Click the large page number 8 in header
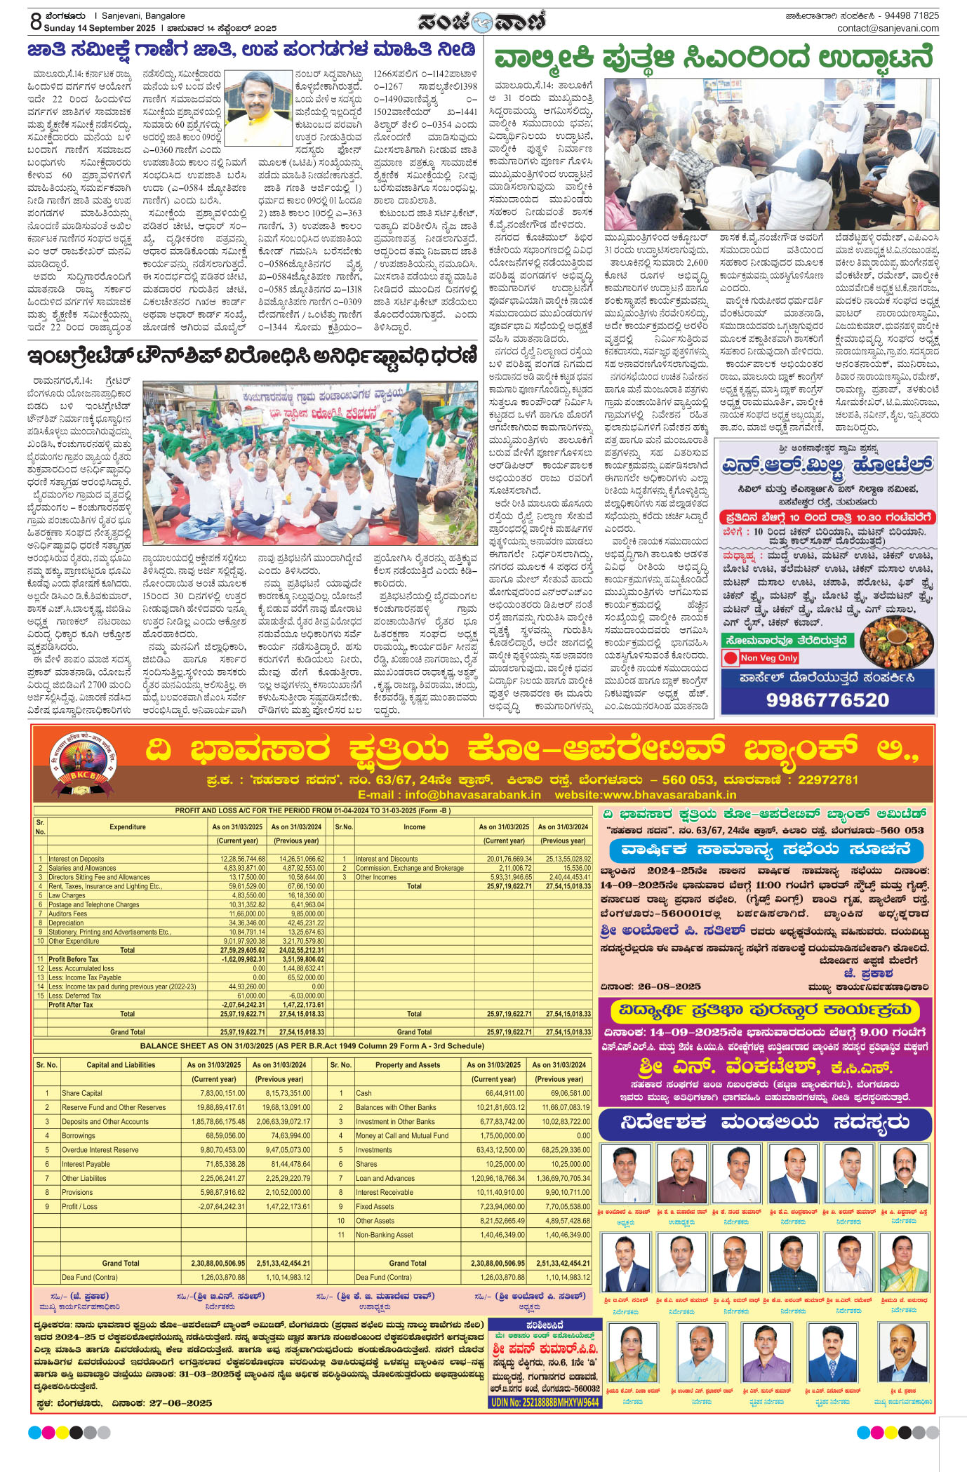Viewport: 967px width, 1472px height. pyautogui.click(x=36, y=21)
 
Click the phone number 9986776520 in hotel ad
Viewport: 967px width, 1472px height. pyautogui.click(x=827, y=700)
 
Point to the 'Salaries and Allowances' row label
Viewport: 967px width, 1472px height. pyautogui.click(x=82, y=868)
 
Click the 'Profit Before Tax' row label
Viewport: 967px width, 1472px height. pyautogui.click(x=74, y=959)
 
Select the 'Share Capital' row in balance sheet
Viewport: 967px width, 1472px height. pyautogui.click(x=82, y=1093)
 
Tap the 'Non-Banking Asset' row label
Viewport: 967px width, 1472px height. pyautogui.click(x=384, y=1235)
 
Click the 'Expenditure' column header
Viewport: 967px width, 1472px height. pyautogui.click(x=128, y=827)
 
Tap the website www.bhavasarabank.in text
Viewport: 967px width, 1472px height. pyautogui.click(x=645, y=795)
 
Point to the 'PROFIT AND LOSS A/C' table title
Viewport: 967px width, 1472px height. pyautogui.click(x=313, y=810)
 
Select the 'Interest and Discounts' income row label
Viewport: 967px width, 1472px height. pyautogui.click(x=386, y=859)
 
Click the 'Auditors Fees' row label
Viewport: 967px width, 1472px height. pyautogui.click(x=68, y=914)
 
